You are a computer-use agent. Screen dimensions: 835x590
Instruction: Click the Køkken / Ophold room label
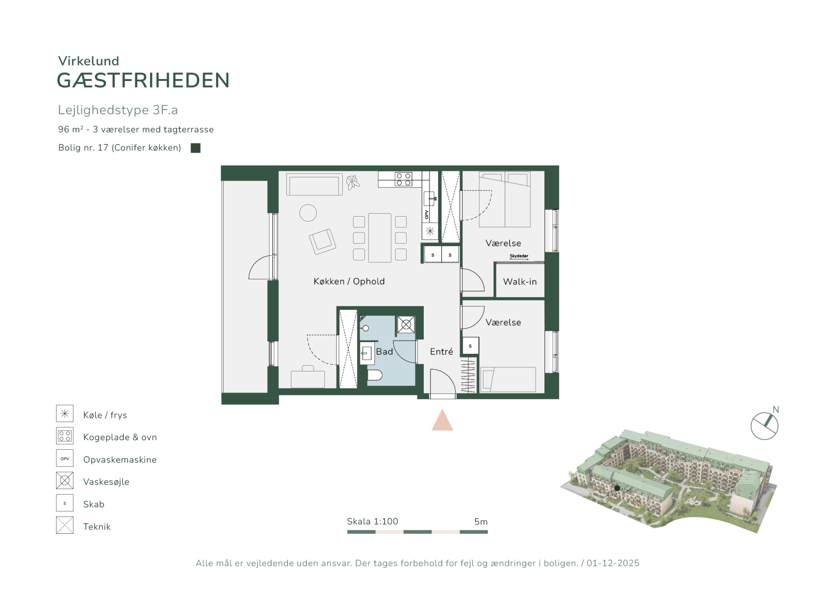[349, 281]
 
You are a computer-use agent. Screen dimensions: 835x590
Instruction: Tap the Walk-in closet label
[520, 282]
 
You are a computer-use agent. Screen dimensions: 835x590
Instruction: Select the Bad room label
[385, 352]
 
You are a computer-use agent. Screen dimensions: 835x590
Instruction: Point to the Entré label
[441, 352]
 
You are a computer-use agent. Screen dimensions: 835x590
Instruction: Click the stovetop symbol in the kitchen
[404, 179]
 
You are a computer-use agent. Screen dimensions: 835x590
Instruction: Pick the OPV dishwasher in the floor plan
[427, 214]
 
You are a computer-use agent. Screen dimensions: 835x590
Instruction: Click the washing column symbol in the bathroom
[406, 325]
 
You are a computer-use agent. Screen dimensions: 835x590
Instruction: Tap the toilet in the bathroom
[374, 375]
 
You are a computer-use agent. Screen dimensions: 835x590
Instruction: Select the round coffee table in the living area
[308, 213]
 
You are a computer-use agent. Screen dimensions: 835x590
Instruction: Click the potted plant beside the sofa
[353, 182]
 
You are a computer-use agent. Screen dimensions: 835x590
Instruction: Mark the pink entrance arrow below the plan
[442, 420]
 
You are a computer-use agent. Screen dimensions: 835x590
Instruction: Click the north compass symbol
[765, 426]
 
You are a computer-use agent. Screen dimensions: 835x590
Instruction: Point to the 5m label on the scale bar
[481, 522]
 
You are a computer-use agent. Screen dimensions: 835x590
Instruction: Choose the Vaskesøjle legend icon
[65, 481]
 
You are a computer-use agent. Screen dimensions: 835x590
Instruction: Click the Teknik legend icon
[65, 525]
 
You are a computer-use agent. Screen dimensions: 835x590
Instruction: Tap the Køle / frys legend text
[105, 415]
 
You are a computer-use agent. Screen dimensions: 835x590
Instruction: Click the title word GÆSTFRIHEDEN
[143, 81]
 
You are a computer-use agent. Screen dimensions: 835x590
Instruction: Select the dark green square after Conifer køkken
[196, 148]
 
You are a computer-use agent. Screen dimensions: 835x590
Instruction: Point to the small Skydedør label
[519, 256]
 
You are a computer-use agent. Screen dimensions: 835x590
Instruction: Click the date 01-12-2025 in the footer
[613, 563]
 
